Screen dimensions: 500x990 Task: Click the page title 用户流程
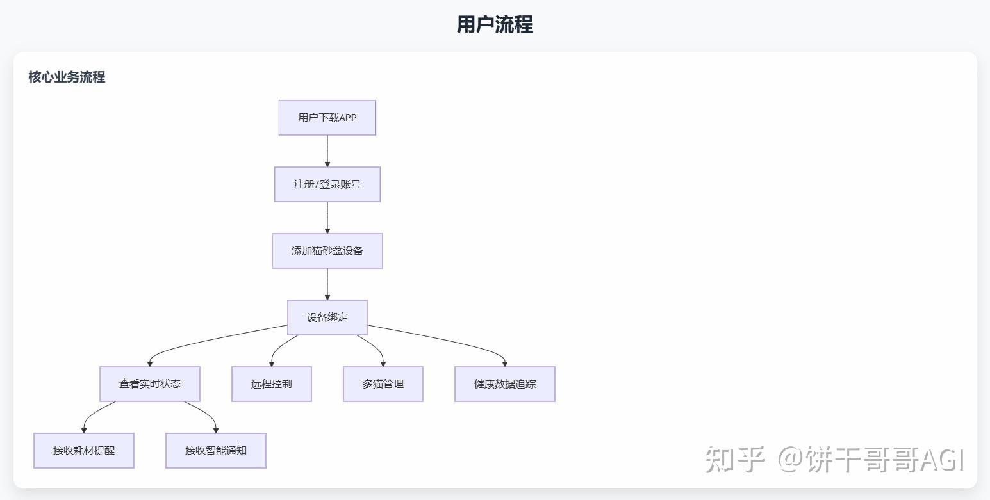[x=495, y=25]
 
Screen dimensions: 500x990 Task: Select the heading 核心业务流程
[x=67, y=77]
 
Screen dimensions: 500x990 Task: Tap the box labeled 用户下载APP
[x=327, y=118]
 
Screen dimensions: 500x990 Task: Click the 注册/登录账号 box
[x=327, y=184]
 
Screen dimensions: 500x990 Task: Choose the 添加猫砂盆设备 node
[x=327, y=251]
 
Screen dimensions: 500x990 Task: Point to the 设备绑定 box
[x=327, y=318]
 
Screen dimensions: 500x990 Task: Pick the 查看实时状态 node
[x=149, y=384]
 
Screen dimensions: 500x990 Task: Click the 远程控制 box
[x=271, y=384]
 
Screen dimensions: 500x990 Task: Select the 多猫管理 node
[x=383, y=384]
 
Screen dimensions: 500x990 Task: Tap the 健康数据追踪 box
[x=504, y=384]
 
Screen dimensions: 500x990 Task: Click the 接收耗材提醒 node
[x=83, y=451]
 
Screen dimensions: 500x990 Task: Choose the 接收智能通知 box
[x=215, y=451]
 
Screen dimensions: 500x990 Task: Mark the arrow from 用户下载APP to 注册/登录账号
[x=327, y=151]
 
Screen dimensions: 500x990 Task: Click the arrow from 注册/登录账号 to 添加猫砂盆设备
[x=327, y=218]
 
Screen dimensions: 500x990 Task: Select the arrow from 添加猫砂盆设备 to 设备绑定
[x=327, y=284]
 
